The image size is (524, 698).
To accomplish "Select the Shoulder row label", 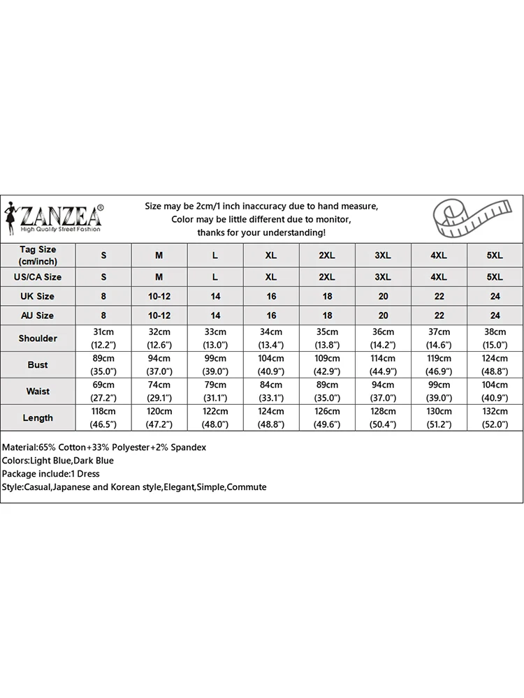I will coord(38,339).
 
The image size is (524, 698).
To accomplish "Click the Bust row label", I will coord(38,365).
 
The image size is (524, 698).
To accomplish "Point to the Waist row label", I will coord(38,392).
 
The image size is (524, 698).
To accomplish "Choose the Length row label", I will coord(38,418).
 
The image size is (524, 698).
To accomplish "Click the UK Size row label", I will coord(38,296).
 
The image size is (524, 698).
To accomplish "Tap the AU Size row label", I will coord(38,315).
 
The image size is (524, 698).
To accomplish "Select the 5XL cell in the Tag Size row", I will coord(495,255).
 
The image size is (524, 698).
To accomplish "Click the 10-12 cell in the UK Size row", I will coord(159,296).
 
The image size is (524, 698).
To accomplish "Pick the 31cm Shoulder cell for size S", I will coord(103,332).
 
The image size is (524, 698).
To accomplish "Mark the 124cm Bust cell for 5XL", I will coord(495,359).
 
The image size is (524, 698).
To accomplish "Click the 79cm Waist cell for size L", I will coord(215,385).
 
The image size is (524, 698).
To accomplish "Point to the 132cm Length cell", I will coord(495,412).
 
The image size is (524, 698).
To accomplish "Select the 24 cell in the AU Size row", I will coord(495,315).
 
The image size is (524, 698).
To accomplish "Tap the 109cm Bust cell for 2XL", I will coord(327,359).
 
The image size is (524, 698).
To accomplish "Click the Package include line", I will coord(51,474).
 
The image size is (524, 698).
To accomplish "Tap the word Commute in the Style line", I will coord(247,487).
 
